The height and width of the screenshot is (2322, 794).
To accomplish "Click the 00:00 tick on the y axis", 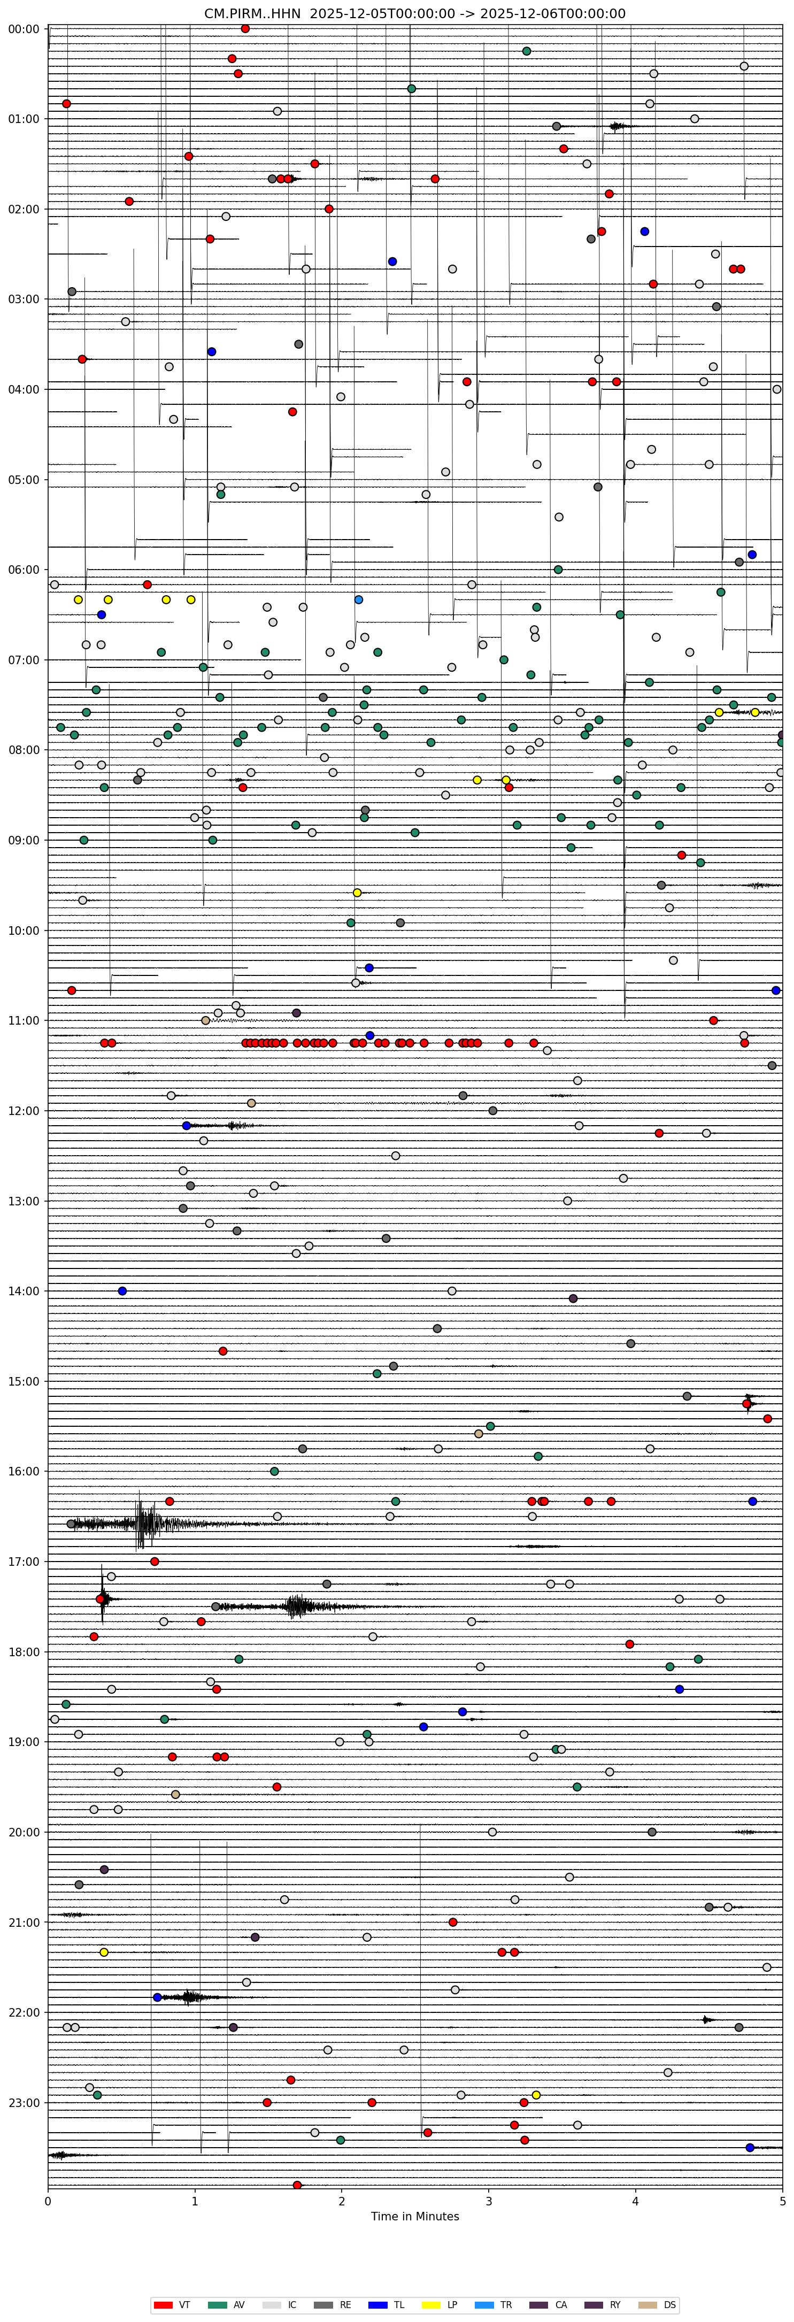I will [x=24, y=29].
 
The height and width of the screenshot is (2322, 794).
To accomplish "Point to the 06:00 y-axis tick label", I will [x=24, y=570].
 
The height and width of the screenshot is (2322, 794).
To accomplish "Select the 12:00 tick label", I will [x=24, y=1111].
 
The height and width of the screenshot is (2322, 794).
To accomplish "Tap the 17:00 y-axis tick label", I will [x=24, y=1561].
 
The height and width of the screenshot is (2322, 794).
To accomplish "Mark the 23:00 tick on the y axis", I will [x=24, y=2102].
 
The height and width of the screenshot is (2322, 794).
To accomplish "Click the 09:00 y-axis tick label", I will [x=24, y=840].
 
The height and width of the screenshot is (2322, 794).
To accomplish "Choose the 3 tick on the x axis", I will [x=489, y=2201].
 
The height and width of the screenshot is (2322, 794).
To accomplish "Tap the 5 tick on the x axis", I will [x=782, y=2201].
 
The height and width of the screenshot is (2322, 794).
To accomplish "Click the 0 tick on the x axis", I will [x=48, y=2201].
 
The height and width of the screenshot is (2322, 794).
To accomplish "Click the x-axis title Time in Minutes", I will [x=414, y=2217].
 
